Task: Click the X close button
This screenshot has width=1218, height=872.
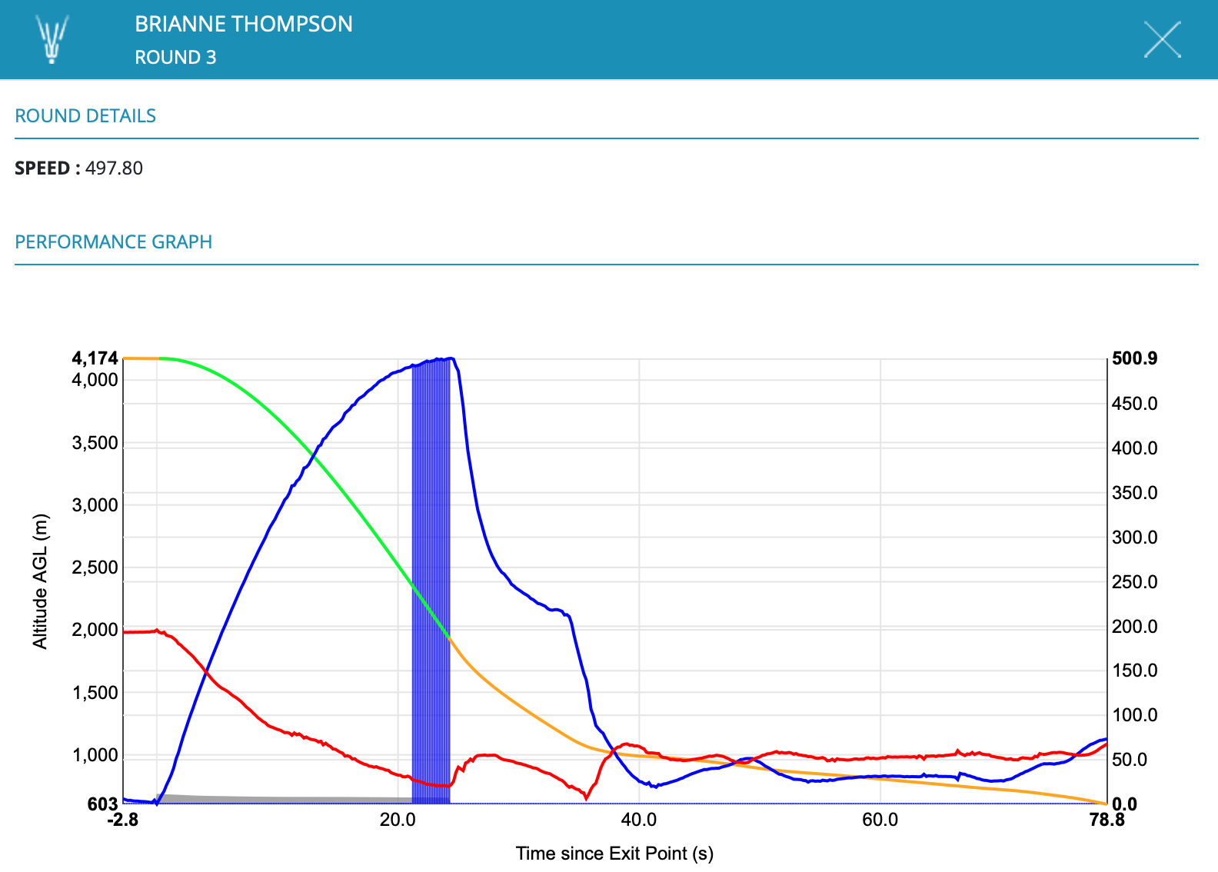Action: point(1162,40)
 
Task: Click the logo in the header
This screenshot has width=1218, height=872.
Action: point(52,39)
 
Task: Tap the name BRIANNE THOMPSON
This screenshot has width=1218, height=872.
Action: point(243,24)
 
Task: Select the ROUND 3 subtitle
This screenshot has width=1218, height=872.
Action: point(175,58)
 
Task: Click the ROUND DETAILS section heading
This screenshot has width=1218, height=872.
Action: point(85,116)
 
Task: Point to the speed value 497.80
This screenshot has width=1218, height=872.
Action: point(114,168)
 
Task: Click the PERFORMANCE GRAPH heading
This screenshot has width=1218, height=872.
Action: point(113,242)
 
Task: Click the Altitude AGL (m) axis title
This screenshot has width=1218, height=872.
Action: point(40,581)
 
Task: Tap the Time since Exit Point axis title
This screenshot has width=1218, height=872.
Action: point(614,854)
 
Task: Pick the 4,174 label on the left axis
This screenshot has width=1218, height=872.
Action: point(95,358)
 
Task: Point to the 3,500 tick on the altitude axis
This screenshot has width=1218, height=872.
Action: point(95,443)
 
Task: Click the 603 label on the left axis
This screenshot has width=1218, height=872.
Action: point(102,804)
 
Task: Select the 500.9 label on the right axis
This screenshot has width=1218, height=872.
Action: point(1134,358)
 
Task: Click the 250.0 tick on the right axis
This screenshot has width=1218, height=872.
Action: point(1134,582)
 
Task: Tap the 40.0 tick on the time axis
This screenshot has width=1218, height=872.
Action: point(638,820)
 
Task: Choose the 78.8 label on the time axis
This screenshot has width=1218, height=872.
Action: point(1107,820)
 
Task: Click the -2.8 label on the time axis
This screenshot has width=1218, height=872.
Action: point(123,820)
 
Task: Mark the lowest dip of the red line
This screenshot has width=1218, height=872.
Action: point(586,798)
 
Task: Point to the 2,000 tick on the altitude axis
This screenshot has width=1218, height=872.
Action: point(95,630)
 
